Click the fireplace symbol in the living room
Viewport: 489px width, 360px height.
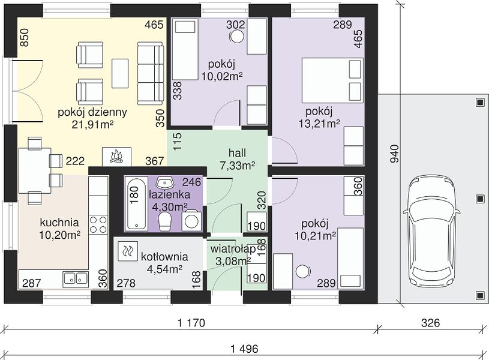[116, 156]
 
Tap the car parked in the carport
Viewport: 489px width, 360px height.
[431, 232]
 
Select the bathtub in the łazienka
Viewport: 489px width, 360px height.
[137, 203]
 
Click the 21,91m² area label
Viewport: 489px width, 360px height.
[92, 125]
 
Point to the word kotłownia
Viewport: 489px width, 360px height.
[164, 257]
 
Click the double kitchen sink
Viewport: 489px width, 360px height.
[75, 278]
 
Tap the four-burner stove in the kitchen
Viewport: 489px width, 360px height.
[98, 225]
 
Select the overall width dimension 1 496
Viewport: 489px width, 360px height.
[244, 349]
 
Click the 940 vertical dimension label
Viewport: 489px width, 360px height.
[395, 154]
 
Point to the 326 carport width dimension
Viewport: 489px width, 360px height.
[430, 323]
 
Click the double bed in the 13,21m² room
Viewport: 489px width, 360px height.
[332, 80]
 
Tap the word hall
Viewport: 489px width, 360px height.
[237, 153]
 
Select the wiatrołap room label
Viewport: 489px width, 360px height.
[233, 249]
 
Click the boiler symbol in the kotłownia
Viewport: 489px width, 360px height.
[128, 251]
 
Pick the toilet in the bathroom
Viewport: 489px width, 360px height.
[165, 221]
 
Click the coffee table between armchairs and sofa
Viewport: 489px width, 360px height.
[120, 74]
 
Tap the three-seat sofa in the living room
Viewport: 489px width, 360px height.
[151, 74]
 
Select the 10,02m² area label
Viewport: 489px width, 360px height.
[222, 76]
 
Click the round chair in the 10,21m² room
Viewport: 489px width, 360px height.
[302, 271]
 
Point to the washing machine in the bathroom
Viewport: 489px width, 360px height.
[191, 221]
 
